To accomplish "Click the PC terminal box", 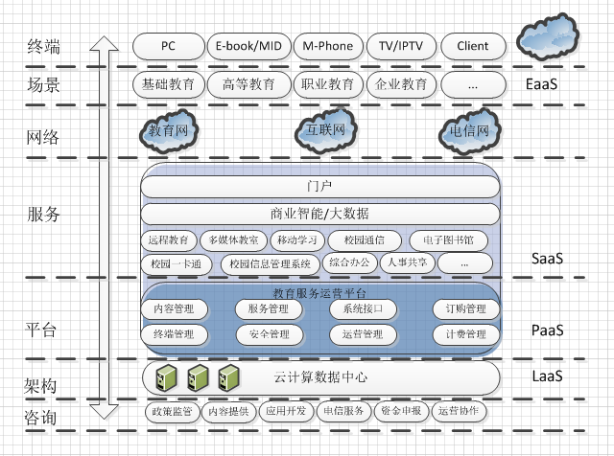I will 168,45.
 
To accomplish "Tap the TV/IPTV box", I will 401,45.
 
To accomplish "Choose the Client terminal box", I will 472,45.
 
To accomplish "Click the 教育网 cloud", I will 167,132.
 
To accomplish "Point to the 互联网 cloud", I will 325,130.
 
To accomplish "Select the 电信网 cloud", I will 469,132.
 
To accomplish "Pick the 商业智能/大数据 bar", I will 319,213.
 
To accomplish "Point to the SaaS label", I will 547,259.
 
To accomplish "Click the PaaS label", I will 547,331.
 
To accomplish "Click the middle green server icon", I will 198,376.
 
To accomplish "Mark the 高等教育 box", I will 248,84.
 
